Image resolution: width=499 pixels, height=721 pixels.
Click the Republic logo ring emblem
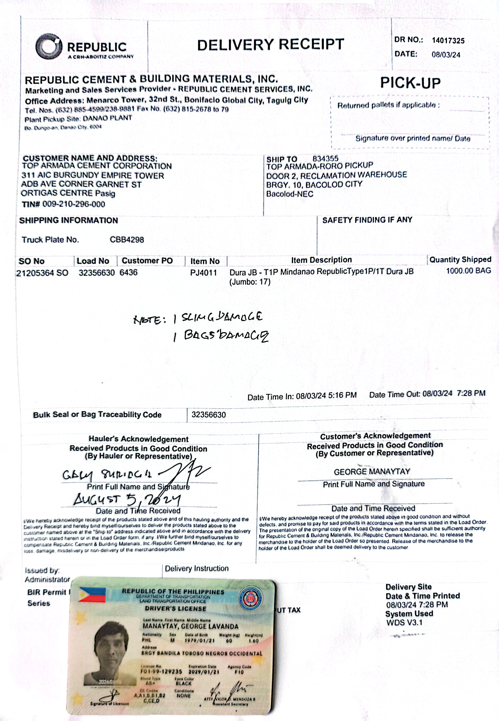pyautogui.click(x=49, y=47)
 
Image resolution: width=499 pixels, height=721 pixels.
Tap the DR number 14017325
pyautogui.click(x=448, y=41)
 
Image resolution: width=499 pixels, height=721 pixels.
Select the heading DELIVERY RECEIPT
pyautogui.click(x=270, y=45)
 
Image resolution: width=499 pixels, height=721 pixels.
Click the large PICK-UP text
pyautogui.click(x=410, y=83)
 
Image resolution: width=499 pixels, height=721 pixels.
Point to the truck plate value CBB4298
pyautogui.click(x=127, y=240)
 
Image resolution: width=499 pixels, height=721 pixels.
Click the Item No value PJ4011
pyautogui.click(x=204, y=273)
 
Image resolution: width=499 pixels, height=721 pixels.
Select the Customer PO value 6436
pyautogui.click(x=128, y=273)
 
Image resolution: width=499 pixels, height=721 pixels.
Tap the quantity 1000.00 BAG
pyautogui.click(x=468, y=271)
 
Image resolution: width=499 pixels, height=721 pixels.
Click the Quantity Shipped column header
pyautogui.click(x=460, y=260)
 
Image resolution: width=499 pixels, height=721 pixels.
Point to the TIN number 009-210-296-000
pyautogui.click(x=74, y=204)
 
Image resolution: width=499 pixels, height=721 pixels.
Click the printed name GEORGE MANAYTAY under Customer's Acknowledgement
pyautogui.click(x=372, y=472)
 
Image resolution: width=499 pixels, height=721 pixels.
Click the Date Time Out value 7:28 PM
pyautogui.click(x=471, y=393)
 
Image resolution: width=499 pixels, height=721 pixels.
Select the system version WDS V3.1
pyautogui.click(x=404, y=623)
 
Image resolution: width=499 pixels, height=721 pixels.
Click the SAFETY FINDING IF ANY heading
pyautogui.click(x=367, y=220)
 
